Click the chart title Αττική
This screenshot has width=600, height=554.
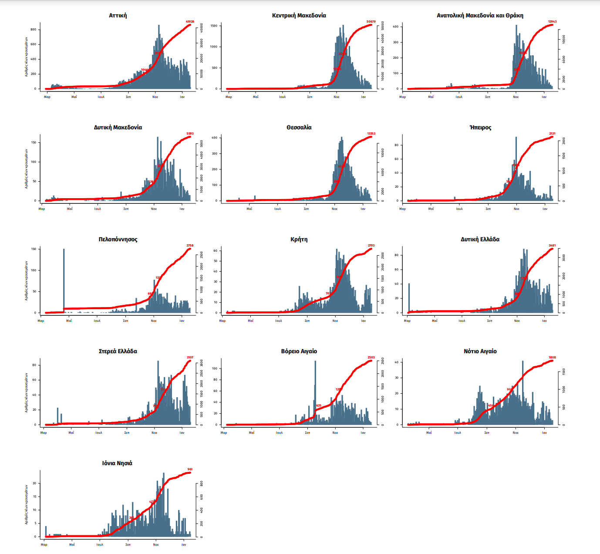(118, 15)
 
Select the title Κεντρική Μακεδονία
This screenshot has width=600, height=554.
(299, 15)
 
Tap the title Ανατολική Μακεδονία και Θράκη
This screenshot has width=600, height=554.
(480, 15)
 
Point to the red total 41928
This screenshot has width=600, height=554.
(190, 21)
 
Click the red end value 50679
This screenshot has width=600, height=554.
(371, 21)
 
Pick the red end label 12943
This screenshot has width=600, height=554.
(552, 21)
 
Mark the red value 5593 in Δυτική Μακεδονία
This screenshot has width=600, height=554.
(190, 134)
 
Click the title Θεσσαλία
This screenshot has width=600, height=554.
(299, 127)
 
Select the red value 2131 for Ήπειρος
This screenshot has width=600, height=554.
(552, 134)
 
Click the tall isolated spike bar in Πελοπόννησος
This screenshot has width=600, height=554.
(64, 279)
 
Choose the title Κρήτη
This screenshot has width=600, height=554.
(299, 239)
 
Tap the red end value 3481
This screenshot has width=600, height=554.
(552, 246)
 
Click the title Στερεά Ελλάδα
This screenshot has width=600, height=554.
(118, 351)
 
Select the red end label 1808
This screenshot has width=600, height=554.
(552, 358)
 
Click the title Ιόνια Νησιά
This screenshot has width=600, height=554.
(117, 463)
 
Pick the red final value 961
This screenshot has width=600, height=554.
(190, 470)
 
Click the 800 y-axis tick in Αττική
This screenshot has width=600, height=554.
(34, 30)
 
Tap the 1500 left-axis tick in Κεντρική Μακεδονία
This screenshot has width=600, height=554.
(214, 26)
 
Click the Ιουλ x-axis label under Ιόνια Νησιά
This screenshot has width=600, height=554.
(100, 544)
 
